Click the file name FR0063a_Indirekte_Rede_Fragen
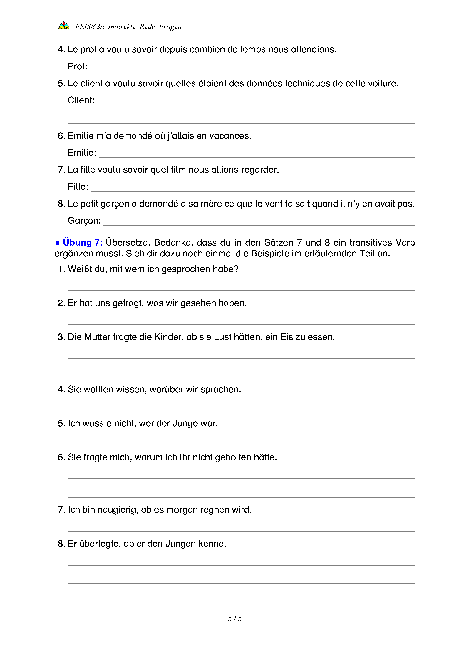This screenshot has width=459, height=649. tap(128, 27)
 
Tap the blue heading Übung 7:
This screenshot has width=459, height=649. tap(83, 243)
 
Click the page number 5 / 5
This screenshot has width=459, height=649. tap(234, 618)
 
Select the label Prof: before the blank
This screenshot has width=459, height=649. tap(77, 66)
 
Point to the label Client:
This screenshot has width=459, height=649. tap(81, 100)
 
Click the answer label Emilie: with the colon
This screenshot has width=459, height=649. tap(82, 153)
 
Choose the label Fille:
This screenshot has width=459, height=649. tap(78, 187)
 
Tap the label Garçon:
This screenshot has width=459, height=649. tap(84, 220)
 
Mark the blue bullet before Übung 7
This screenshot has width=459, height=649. tap(57, 243)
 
